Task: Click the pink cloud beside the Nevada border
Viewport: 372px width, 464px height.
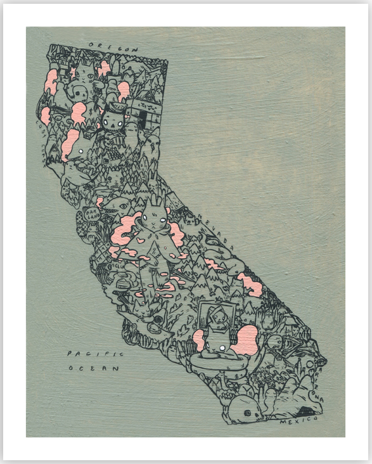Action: [250, 285]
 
